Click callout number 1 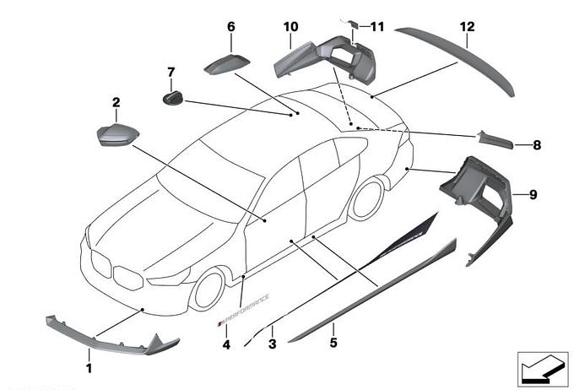pos(89,368)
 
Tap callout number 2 pos(116,103)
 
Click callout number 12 pos(467,27)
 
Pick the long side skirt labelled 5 pos(371,291)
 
